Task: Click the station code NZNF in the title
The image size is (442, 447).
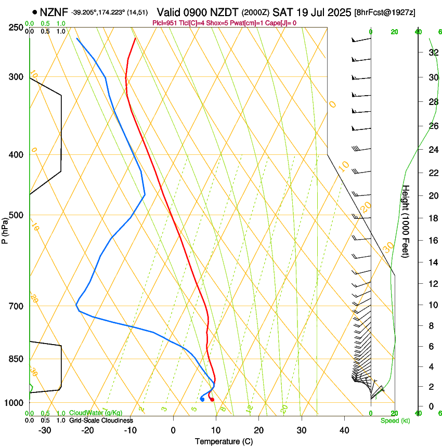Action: point(55,12)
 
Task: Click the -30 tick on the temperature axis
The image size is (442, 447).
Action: point(45,430)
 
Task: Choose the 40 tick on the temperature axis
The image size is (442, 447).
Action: point(344,430)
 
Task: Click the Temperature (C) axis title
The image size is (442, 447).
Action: point(224,441)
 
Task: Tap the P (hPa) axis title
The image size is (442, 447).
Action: point(5,229)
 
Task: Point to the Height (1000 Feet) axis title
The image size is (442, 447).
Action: point(406,221)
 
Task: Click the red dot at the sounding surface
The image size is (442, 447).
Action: point(212,399)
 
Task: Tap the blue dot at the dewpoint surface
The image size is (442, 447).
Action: point(202,399)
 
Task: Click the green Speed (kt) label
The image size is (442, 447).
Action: point(395,420)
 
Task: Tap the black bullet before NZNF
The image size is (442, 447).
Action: point(35,12)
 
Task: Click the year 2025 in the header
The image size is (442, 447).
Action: point(337,12)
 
